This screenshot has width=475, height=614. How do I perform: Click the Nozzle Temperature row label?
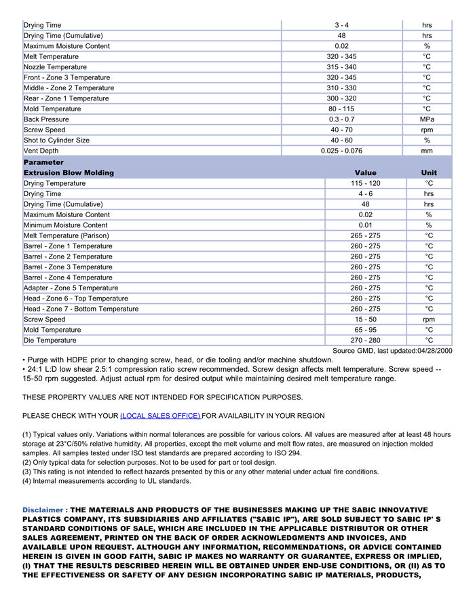click(55, 67)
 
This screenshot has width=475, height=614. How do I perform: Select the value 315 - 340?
click(341, 67)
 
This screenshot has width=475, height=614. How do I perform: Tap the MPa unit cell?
click(427, 119)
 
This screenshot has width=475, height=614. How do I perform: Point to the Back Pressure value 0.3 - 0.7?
click(341, 119)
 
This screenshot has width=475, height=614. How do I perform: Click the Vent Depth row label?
click(41, 151)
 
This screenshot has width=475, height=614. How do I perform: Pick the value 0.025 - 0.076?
click(341, 151)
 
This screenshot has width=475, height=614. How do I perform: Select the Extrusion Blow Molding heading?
click(69, 173)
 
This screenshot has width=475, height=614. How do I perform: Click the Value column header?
click(365, 173)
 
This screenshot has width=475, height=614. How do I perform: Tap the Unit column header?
click(429, 173)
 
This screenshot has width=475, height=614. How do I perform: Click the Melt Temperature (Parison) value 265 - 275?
click(365, 235)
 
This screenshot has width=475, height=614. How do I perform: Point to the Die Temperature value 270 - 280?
click(365, 341)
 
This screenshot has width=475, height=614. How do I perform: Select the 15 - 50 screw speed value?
click(365, 320)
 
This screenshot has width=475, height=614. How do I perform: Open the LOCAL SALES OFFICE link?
click(160, 416)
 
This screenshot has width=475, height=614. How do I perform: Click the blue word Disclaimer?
click(45, 510)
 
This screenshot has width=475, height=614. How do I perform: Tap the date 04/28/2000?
click(434, 351)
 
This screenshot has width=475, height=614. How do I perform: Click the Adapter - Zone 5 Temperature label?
click(71, 288)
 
